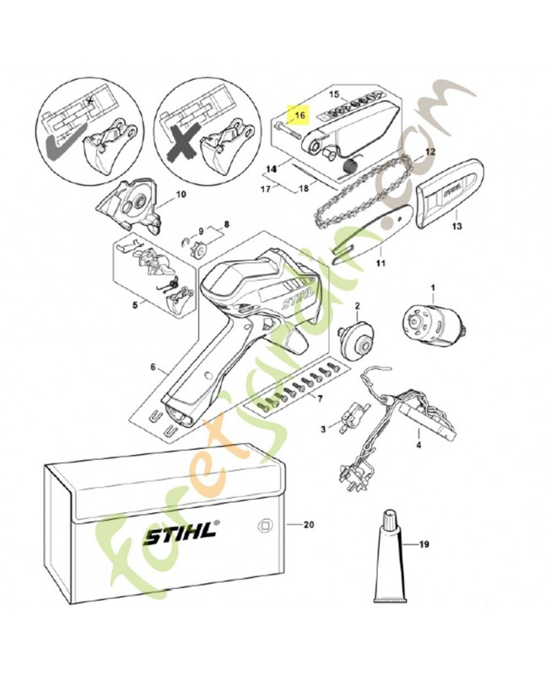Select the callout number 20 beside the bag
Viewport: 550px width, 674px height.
click(308, 525)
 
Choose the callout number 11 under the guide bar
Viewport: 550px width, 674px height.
click(380, 263)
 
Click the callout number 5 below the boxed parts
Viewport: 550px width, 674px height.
click(134, 307)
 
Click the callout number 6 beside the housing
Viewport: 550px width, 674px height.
click(153, 367)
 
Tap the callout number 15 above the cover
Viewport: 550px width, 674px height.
click(333, 94)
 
